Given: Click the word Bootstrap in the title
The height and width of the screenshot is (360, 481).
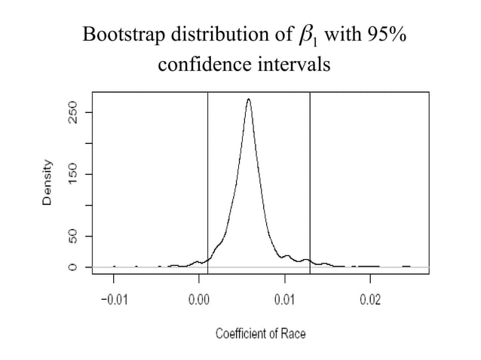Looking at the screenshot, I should (x=119, y=35).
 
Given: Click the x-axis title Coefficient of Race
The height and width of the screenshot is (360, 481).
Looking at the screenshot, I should (x=261, y=332).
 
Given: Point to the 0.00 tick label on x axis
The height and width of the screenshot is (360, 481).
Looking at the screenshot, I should (x=199, y=301).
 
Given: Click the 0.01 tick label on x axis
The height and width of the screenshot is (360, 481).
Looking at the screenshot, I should (x=284, y=301).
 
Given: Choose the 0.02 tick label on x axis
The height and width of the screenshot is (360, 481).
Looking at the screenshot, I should (x=369, y=301).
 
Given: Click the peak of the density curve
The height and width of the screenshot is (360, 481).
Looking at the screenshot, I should (x=249, y=99).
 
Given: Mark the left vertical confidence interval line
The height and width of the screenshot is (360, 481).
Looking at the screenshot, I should (x=207, y=181).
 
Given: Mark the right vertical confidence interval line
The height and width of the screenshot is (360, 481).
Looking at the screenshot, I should (x=310, y=181).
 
